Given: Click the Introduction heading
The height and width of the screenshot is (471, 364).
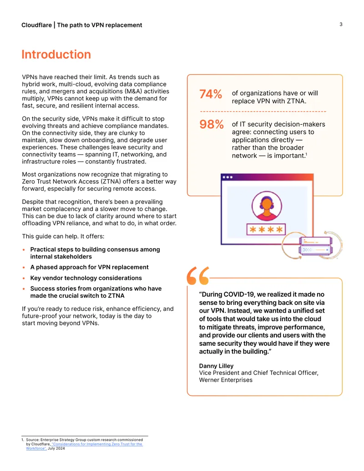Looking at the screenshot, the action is tap(56, 54).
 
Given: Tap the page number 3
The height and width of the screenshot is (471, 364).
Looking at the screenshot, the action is tap(341, 24).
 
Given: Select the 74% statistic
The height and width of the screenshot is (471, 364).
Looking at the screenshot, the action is tap(211, 94).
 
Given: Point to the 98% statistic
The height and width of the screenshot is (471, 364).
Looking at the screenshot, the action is tap(212, 124).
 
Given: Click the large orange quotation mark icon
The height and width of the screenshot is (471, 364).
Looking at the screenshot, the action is tap(197, 275).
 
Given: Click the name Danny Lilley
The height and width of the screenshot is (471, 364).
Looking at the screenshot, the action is tap(216, 366).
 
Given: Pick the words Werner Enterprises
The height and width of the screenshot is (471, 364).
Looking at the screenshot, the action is tap(226, 380).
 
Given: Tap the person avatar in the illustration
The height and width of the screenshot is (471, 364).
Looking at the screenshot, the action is tap(267, 206).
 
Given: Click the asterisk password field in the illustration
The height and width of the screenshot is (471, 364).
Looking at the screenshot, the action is tap(266, 229).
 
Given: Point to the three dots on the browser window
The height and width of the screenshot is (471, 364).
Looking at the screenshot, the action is tap(227, 177).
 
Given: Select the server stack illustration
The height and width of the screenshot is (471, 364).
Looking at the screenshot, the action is tap(316, 246).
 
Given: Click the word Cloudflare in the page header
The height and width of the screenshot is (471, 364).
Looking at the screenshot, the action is tap(36, 25).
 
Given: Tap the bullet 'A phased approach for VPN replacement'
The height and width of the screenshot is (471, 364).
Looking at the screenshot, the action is tap(90, 267).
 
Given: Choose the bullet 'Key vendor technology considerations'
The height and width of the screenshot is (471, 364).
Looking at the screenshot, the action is tap(86, 278).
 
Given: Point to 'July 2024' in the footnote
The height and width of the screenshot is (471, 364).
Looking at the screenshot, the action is tap(56, 448).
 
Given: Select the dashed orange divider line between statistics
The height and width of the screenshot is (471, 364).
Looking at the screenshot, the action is tap(263, 111).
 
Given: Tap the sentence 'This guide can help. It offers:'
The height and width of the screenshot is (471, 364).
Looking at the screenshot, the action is tap(63, 236).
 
